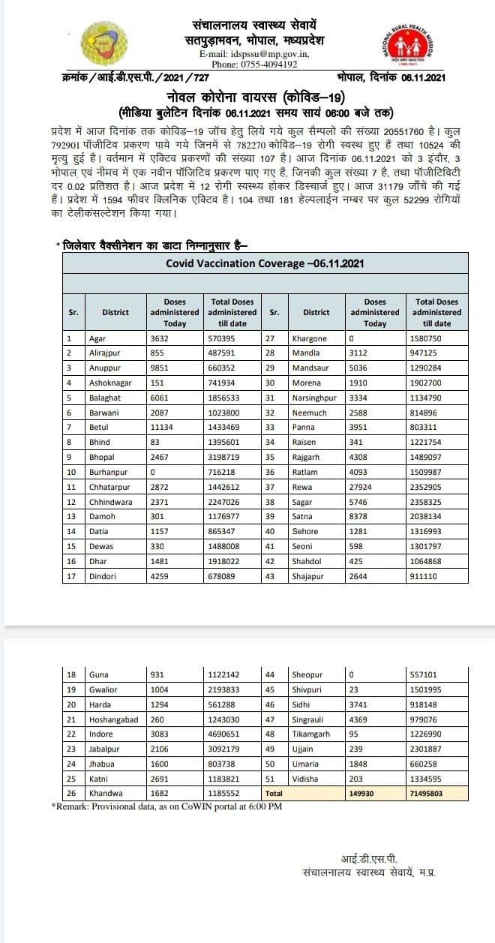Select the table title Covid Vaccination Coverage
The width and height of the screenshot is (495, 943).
click(x=265, y=263)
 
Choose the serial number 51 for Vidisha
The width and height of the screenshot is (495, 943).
click(x=271, y=777)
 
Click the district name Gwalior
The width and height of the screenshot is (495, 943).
click(x=103, y=689)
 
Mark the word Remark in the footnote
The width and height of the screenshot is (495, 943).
click(x=75, y=806)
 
